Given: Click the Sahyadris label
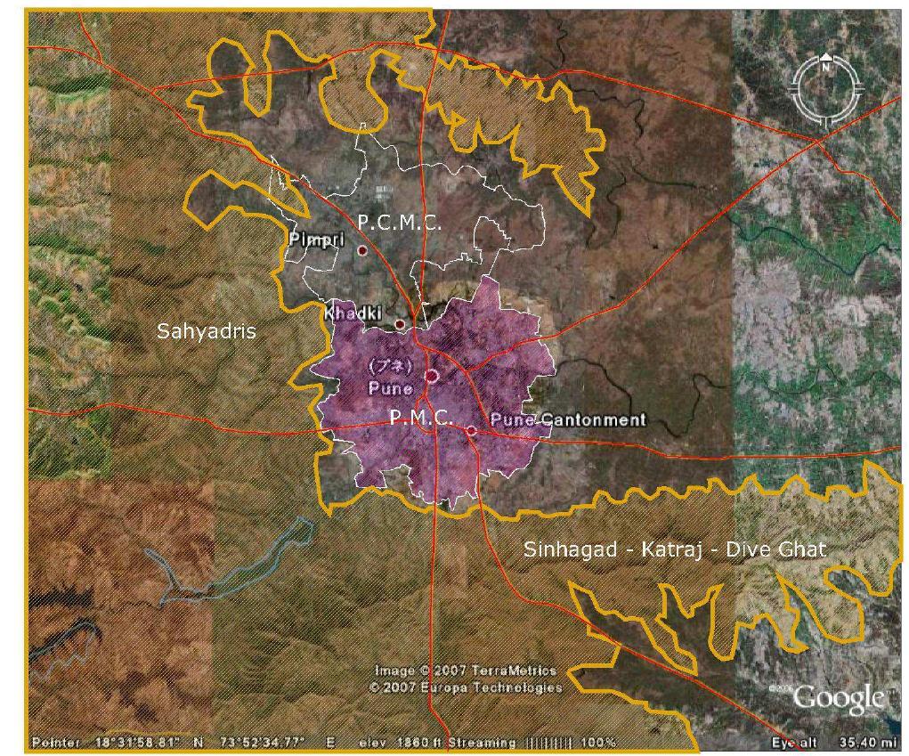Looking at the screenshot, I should pyautogui.click(x=207, y=331).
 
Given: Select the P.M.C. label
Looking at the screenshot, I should pyautogui.click(x=421, y=417).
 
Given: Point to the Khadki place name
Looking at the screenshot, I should pyautogui.click(x=353, y=313).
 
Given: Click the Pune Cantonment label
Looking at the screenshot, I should pyautogui.click(x=567, y=419).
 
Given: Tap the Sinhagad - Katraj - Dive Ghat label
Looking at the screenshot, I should pyautogui.click(x=674, y=549).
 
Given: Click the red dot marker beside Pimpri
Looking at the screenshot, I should pyautogui.click(x=362, y=251).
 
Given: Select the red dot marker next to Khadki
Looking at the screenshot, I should pyautogui.click(x=400, y=324).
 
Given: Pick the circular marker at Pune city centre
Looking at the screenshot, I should pyautogui.click(x=432, y=376).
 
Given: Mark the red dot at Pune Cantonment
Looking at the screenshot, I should pyautogui.click(x=471, y=431).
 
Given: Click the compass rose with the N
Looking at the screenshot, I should pyautogui.click(x=826, y=87).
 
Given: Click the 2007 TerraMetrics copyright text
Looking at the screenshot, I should pyautogui.click(x=466, y=671).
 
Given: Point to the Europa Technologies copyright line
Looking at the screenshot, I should pyautogui.click(x=466, y=687).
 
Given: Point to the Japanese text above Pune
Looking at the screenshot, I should pyautogui.click(x=390, y=366).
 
